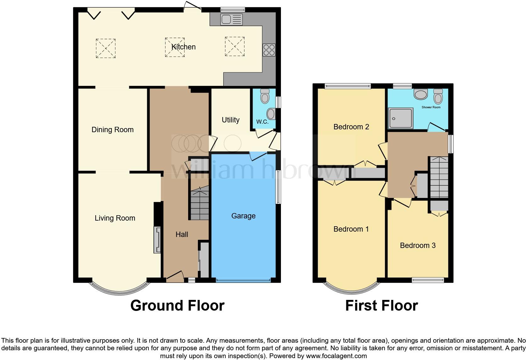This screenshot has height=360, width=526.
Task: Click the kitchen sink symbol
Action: tap(232, 20)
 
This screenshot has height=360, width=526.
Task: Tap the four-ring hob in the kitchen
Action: tap(269, 50)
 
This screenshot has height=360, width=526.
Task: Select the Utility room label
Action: tap(231, 120)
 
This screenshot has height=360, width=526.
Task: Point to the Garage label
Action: tap(243, 216)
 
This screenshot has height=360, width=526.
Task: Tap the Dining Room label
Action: tap(112, 130)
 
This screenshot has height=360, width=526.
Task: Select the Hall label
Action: tap(182, 234)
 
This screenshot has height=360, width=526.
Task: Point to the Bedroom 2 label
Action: tap(351, 127)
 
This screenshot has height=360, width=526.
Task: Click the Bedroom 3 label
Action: tap(417, 245)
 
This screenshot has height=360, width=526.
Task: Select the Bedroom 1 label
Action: tap(351, 229)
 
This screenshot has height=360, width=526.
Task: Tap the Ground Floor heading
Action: tap(177, 306)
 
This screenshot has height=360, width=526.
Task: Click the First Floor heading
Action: tap(381, 306)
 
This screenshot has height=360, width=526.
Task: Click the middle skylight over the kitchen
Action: tap(175, 48)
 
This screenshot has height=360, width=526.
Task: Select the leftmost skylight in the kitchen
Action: tap(106, 48)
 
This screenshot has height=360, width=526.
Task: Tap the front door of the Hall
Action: tap(175, 276)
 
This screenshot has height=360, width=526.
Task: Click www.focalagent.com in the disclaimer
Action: tap(336, 356)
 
